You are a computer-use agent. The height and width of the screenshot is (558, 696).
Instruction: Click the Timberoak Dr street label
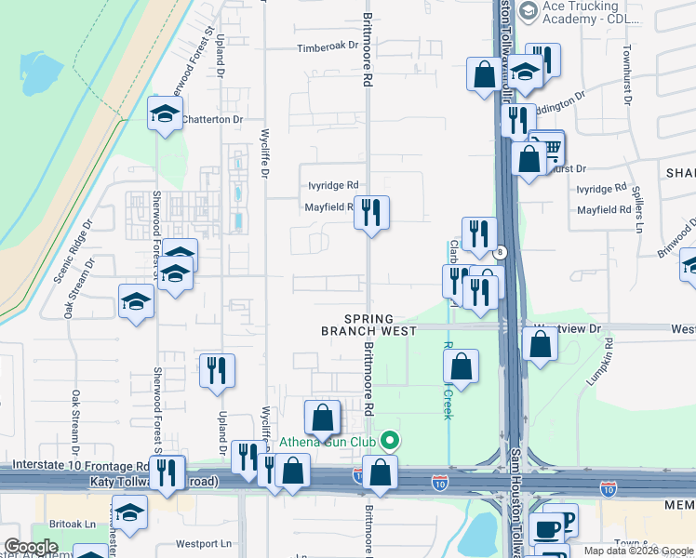tap(328, 46)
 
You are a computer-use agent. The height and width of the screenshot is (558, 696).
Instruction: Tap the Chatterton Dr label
tap(211, 119)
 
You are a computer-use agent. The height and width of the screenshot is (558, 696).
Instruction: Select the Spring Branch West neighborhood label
tap(368, 325)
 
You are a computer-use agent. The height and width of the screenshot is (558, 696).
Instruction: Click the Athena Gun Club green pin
tap(391, 441)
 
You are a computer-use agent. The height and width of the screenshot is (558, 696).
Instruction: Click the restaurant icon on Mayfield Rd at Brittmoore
tap(371, 213)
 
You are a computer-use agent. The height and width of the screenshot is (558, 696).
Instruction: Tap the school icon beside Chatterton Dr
tap(166, 114)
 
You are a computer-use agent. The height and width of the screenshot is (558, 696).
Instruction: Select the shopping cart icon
tap(547, 147)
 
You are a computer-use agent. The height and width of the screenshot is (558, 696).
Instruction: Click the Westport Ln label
tap(206, 543)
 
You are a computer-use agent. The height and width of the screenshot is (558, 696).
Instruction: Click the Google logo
tap(31, 547)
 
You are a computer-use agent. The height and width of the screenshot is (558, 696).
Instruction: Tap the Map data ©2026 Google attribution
tap(637, 551)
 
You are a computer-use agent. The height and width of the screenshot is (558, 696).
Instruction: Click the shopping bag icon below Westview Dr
tap(540, 344)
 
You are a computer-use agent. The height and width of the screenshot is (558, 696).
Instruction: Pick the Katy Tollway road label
tap(154, 482)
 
